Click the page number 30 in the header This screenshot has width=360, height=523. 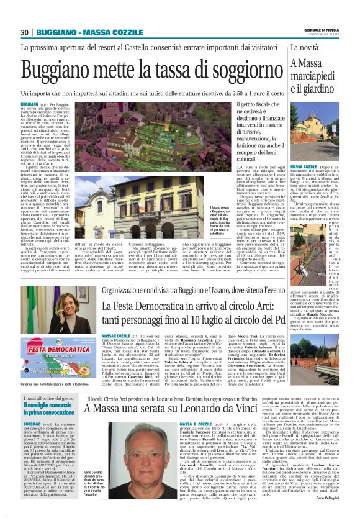pyautogui.click(x=25, y=32)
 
